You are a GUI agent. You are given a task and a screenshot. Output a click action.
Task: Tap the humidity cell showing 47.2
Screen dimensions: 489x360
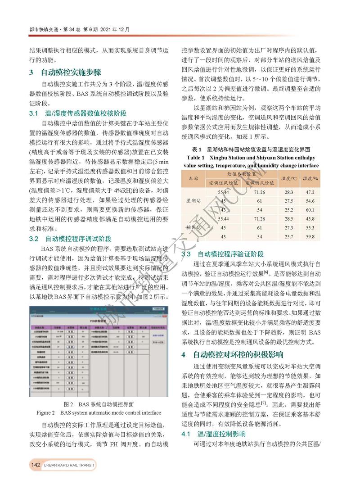pyautogui.click(x=310, y=192)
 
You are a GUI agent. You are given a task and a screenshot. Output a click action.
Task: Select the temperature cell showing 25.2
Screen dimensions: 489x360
pyautogui.click(x=288, y=210)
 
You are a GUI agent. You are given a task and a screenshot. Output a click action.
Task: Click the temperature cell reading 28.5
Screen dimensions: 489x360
pyautogui.click(x=288, y=219)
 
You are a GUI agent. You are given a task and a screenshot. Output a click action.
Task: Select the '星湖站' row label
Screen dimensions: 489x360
pyautogui.click(x=193, y=201)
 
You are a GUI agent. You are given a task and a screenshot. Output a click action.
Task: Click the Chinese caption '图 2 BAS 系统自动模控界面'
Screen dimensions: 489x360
pyautogui.click(x=99, y=404)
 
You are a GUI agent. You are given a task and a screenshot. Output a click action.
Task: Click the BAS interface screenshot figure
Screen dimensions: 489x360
pyautogui.click(x=99, y=351)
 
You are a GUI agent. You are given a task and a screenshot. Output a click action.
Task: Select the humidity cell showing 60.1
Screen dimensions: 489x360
pyautogui.click(x=310, y=210)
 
